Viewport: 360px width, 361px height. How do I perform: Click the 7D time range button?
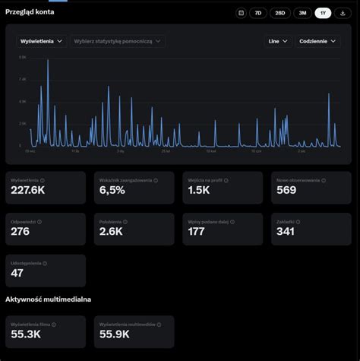[258, 13]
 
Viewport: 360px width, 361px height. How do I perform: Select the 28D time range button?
[279, 13]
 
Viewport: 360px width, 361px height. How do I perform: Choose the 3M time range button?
[302, 13]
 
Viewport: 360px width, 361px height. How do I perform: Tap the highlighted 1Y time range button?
[323, 13]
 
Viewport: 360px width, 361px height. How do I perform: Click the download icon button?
[343, 13]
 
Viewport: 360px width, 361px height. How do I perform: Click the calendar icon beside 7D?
[241, 13]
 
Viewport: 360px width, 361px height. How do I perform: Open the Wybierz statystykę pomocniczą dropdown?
[117, 42]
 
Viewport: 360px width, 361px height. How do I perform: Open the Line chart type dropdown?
[278, 42]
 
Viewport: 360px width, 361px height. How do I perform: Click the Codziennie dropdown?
[317, 42]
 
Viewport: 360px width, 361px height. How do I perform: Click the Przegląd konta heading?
[30, 12]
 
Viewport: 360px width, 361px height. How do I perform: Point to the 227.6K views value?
[28, 191]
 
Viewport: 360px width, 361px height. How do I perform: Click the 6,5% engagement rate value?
[112, 191]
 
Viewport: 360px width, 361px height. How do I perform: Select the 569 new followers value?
[286, 191]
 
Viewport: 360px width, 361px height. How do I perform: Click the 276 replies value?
[21, 232]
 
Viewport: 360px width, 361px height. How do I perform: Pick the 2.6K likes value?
[111, 232]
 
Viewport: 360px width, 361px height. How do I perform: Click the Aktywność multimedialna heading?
[48, 300]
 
